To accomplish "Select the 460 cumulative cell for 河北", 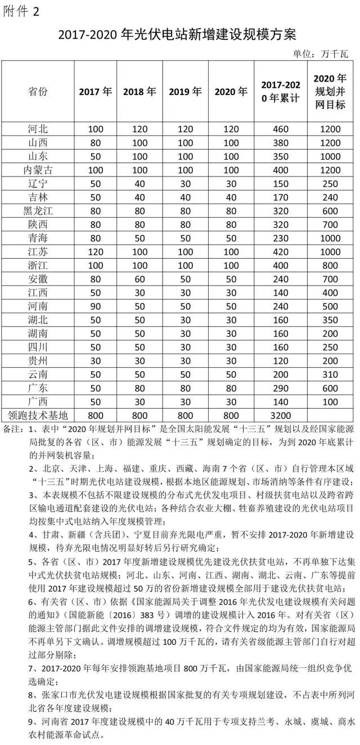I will tap(281, 129).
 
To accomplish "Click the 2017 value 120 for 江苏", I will tap(96, 250).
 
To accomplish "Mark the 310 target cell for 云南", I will tap(330, 375).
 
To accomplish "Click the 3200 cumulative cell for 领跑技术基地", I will tap(281, 416).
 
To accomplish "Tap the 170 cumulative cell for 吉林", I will tap(281, 197).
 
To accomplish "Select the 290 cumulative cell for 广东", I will tap(281, 389).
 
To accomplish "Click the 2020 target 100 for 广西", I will tap(330, 403).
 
